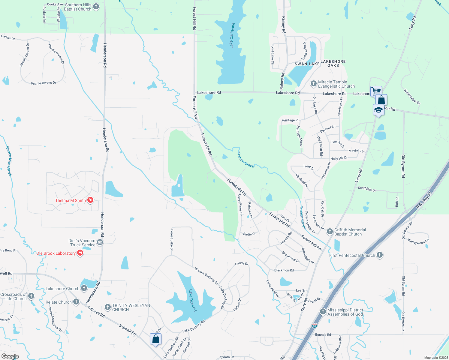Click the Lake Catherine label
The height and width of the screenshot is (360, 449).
click(x=232, y=35)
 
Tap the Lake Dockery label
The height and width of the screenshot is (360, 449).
click(x=193, y=300)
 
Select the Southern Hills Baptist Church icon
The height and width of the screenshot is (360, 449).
click(x=96, y=7)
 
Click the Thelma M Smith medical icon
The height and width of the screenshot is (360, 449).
click(x=90, y=200)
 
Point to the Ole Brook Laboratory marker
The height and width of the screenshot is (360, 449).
click(x=80, y=253)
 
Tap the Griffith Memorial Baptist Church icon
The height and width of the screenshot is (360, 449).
click(x=330, y=231)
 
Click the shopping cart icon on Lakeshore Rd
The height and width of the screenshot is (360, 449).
click(x=376, y=90)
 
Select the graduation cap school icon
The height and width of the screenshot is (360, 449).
click(x=378, y=110)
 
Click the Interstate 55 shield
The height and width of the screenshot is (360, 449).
click(x=314, y=325)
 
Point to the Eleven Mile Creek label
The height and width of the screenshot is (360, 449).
click(x=9, y=161)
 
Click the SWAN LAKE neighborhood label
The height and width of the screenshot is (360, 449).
click(x=307, y=64)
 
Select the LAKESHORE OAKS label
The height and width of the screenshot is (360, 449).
click(x=333, y=63)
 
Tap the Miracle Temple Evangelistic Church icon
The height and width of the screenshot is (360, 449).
click(x=313, y=84)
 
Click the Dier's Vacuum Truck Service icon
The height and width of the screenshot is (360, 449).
click(x=100, y=242)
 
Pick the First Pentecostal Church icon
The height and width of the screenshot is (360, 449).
click(x=380, y=255)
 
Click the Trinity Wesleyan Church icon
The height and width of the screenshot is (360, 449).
click(x=107, y=307)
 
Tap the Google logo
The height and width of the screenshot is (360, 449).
click(x=10, y=356)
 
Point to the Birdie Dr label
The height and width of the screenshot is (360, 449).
click(x=249, y=234)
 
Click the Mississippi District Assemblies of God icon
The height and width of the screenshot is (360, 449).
click(x=323, y=312)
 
